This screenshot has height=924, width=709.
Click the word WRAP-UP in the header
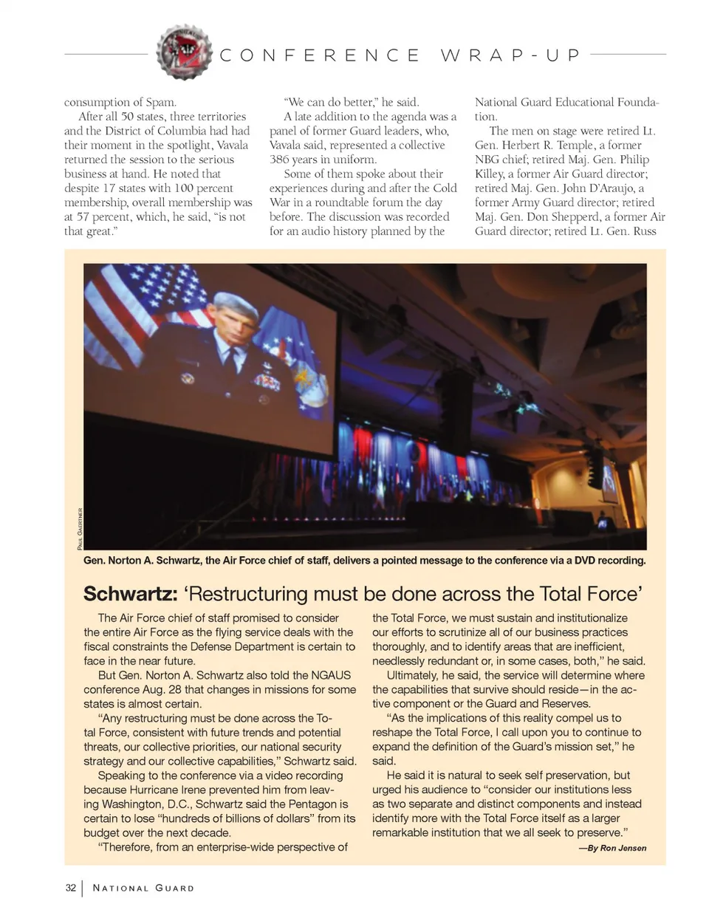[510, 55]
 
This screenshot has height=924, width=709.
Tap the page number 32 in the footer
[70, 888]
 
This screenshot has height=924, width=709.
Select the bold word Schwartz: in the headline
[130, 594]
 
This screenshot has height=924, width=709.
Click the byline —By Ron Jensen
[612, 848]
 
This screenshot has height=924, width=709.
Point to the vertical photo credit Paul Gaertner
[79, 527]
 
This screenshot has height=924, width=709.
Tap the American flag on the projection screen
[162, 292]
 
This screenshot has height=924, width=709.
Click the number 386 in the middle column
[279, 160]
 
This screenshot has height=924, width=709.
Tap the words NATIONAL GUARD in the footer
[143, 888]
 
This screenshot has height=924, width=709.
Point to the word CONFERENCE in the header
[320, 55]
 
